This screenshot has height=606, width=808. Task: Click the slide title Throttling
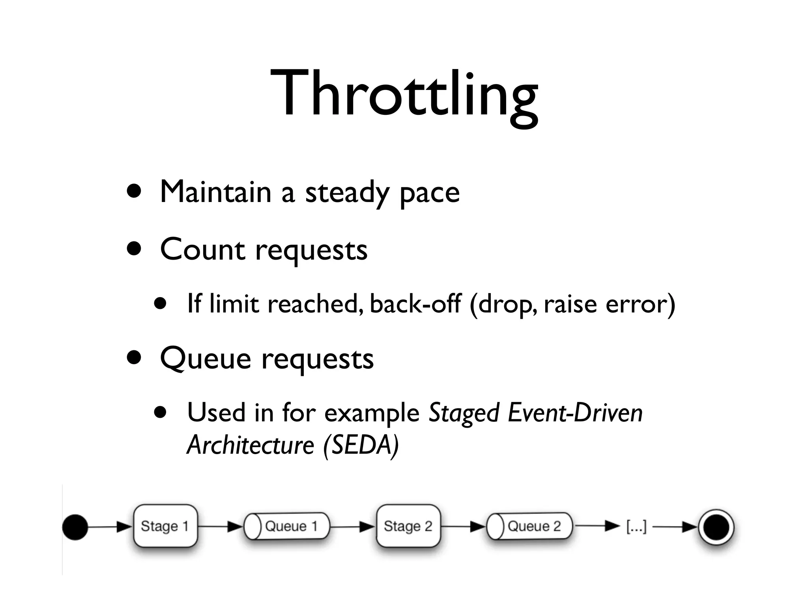404,95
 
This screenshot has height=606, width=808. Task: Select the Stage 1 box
165,526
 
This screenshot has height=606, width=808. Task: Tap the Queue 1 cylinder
287,526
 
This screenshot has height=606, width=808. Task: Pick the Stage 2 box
408,526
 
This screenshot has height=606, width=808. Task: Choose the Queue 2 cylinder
529,526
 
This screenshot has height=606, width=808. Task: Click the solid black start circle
75,527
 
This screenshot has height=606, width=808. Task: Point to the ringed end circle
716,527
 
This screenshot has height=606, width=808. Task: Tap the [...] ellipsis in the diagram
636,526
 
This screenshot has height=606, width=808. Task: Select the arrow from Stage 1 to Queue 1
220,526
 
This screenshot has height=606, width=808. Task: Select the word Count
202,250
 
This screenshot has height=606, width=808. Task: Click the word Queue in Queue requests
206,359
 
